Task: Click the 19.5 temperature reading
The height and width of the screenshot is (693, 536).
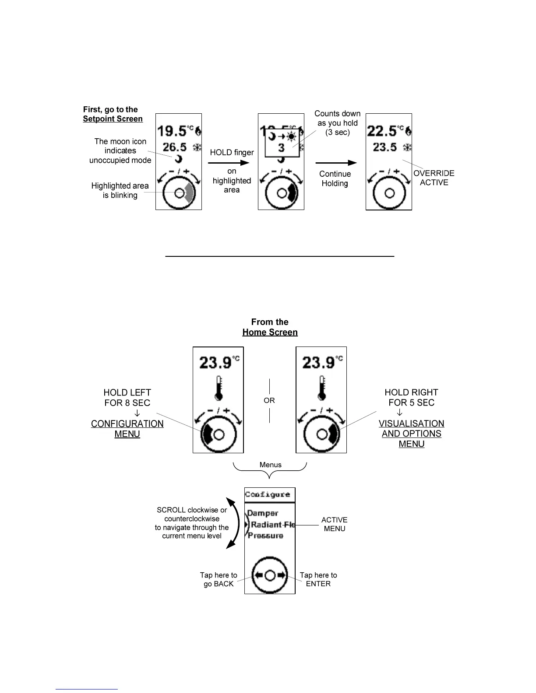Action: (172, 131)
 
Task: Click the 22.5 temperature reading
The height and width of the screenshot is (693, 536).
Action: (382, 131)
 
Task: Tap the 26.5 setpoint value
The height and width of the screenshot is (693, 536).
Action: (175, 147)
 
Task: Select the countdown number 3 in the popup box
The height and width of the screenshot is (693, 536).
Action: (281, 148)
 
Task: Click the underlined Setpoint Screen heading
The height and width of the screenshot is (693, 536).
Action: (113, 119)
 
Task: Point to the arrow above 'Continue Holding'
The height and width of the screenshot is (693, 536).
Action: (336, 163)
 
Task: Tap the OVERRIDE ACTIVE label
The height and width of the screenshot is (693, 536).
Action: (434, 178)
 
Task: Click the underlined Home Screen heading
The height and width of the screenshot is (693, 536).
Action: (270, 332)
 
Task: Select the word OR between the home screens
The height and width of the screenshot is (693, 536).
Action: (269, 400)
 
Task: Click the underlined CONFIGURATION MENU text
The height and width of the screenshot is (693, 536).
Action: (127, 429)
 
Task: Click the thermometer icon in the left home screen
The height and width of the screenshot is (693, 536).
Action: (219, 388)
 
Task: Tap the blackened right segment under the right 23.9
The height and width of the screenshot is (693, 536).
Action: (334, 434)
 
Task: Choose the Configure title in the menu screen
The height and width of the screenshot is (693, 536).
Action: (267, 494)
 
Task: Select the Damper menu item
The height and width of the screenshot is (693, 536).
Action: (263, 513)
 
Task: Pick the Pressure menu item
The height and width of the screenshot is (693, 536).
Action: (265, 535)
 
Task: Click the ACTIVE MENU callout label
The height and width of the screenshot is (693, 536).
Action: (334, 524)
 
